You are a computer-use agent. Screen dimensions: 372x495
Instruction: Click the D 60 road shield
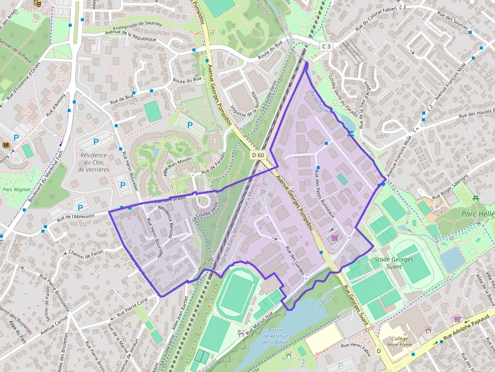pyautogui.click(x=258, y=155)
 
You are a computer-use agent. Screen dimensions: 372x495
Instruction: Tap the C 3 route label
pyautogui.click(x=326, y=46)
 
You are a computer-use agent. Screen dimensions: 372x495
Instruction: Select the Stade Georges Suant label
pyautogui.click(x=393, y=263)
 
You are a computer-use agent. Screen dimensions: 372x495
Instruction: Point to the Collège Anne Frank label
pyautogui.click(x=399, y=342)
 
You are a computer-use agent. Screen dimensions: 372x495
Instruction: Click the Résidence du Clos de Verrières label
pyautogui.click(x=93, y=162)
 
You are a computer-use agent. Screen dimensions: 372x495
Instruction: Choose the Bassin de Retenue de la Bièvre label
pyautogui.click(x=275, y=336)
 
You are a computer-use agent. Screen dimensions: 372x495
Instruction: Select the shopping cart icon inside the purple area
pyautogui.click(x=333, y=237)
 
